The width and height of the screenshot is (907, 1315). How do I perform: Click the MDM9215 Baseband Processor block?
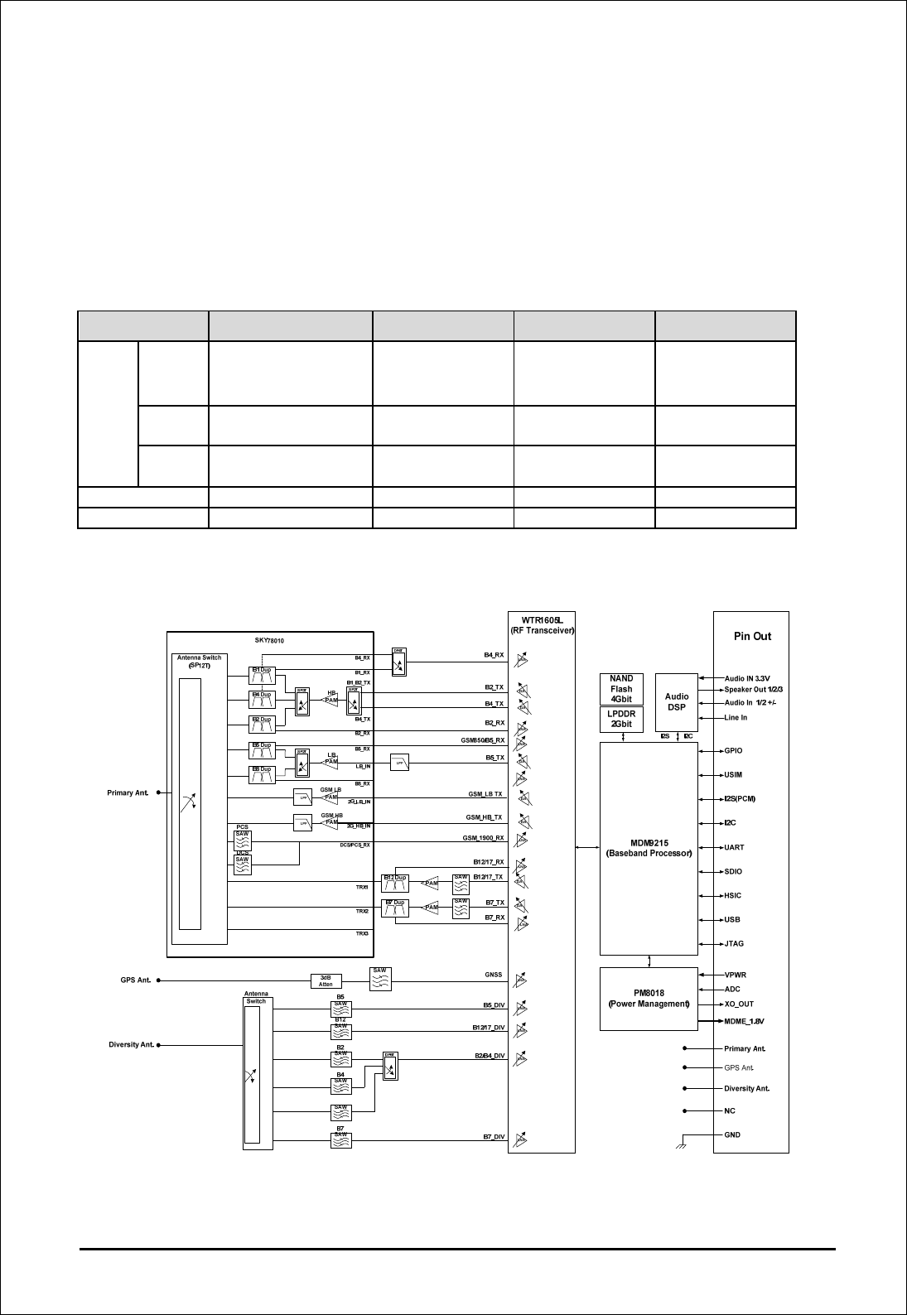click(x=649, y=848)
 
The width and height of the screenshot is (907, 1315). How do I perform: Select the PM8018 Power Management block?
click(x=649, y=998)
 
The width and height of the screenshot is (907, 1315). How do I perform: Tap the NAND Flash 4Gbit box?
click(x=621, y=688)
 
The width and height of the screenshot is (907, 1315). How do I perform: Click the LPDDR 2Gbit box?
click(x=621, y=718)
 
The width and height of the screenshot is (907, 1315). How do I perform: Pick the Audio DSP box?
click(x=677, y=701)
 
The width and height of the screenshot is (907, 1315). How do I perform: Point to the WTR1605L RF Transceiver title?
click(x=542, y=625)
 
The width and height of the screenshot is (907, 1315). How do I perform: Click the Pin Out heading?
click(x=751, y=636)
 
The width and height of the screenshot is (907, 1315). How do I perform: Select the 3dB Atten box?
click(x=326, y=980)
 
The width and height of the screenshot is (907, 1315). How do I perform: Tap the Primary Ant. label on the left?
click(x=128, y=792)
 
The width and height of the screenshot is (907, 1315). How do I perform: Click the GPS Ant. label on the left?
click(x=133, y=980)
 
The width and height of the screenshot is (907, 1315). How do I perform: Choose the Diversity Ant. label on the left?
click(x=132, y=1044)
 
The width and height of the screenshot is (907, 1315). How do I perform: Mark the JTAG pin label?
click(x=734, y=943)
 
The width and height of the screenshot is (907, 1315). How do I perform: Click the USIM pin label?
click(x=733, y=775)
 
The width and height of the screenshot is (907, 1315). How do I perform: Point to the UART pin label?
click(x=734, y=847)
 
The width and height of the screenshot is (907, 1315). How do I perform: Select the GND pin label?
click(x=732, y=1134)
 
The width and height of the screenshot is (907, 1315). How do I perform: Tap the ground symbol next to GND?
click(x=681, y=1145)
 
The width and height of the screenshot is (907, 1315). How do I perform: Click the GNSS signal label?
click(x=494, y=975)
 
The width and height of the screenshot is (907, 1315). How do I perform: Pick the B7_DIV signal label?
click(x=495, y=1137)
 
